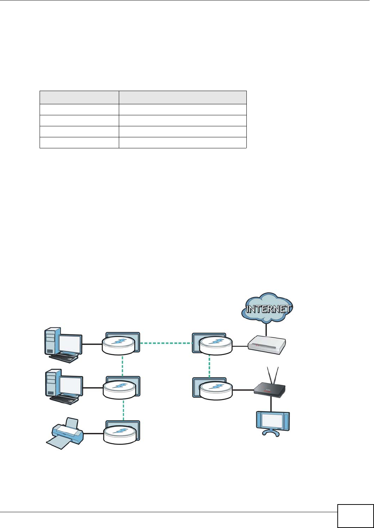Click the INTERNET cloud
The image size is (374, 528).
pyautogui.click(x=267, y=308)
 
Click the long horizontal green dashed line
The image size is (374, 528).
pyautogui.click(x=166, y=344)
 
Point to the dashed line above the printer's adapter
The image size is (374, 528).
pyautogui.click(x=123, y=410)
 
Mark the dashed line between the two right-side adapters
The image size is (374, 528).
pyautogui.click(x=209, y=366)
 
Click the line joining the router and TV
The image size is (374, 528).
pyautogui.click(x=271, y=405)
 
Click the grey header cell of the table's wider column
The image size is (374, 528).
pyautogui.click(x=183, y=97)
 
